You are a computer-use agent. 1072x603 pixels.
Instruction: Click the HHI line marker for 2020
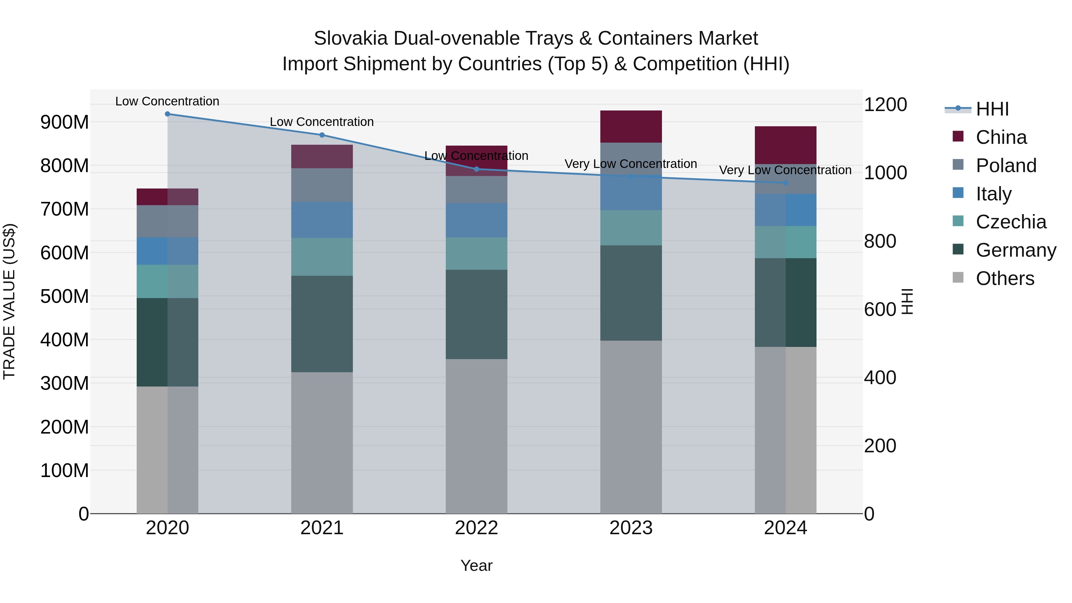[167, 114]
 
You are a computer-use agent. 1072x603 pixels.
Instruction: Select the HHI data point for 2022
[476, 169]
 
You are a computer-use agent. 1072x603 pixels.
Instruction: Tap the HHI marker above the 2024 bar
[785, 183]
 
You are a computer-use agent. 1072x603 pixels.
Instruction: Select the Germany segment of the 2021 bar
[322, 323]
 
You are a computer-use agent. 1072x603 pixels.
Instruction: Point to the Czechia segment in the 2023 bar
[631, 227]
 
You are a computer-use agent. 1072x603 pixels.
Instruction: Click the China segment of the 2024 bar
[785, 144]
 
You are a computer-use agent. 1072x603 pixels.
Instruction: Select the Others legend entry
[1005, 278]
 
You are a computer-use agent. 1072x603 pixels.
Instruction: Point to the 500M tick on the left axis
[65, 296]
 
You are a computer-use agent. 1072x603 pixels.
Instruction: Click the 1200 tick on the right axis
[885, 105]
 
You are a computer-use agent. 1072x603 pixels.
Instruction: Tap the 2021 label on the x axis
[322, 528]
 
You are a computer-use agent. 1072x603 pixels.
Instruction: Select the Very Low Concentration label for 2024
[785, 170]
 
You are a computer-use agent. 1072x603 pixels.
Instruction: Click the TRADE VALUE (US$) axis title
[9, 301]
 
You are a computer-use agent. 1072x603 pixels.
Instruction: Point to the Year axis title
[476, 565]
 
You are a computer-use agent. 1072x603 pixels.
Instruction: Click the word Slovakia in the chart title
[351, 38]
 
